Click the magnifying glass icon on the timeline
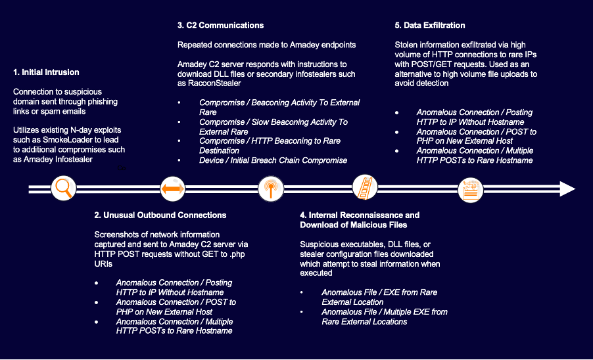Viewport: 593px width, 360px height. (x=64, y=189)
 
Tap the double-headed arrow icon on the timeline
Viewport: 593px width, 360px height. (x=172, y=189)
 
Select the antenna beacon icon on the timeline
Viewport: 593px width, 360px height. (x=269, y=189)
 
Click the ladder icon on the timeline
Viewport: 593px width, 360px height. (x=365, y=187)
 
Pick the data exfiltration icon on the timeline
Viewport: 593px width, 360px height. (x=471, y=189)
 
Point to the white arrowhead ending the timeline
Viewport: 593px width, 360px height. (x=567, y=189)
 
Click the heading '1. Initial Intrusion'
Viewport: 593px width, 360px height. (x=46, y=72)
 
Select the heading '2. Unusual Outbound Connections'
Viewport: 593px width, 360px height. (x=160, y=215)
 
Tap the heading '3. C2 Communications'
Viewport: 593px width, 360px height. (x=220, y=26)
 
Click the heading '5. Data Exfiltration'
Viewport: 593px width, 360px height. (x=430, y=26)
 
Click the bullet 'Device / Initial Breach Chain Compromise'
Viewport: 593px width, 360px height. (x=273, y=160)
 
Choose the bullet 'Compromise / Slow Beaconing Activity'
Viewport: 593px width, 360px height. (x=273, y=122)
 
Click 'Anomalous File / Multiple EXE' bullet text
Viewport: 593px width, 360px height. (x=385, y=312)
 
